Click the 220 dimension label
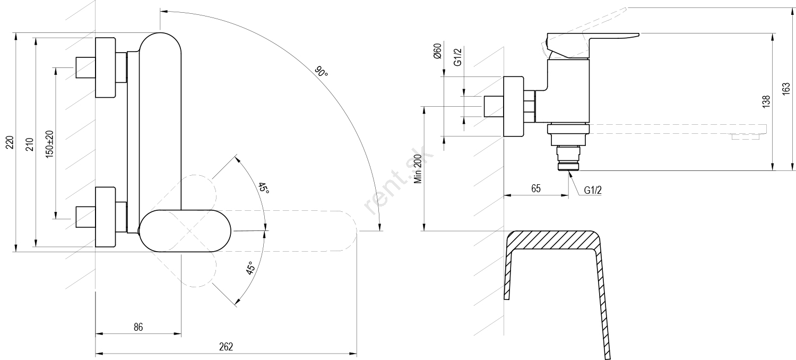pyautogui.click(x=10, y=142)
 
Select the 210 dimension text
pyautogui.click(x=30, y=143)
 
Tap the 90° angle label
pyautogui.click(x=321, y=71)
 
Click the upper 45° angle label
pyautogui.click(x=263, y=188)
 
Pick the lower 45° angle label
pyautogui.click(x=250, y=268)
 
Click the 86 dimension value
pyautogui.click(x=138, y=328)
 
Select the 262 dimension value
pyautogui.click(x=226, y=347)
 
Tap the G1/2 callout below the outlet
pyautogui.click(x=593, y=190)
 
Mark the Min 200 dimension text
pyautogui.click(x=418, y=168)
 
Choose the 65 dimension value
pyautogui.click(x=535, y=188)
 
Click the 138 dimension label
pyautogui.click(x=766, y=102)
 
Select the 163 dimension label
pyautogui.click(x=786, y=89)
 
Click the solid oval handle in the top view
pyautogui.click(x=185, y=230)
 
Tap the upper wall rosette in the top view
pyautogui.click(x=105, y=67)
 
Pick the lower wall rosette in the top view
pyautogui.click(x=105, y=217)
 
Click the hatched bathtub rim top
pyautogui.click(x=552, y=240)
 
